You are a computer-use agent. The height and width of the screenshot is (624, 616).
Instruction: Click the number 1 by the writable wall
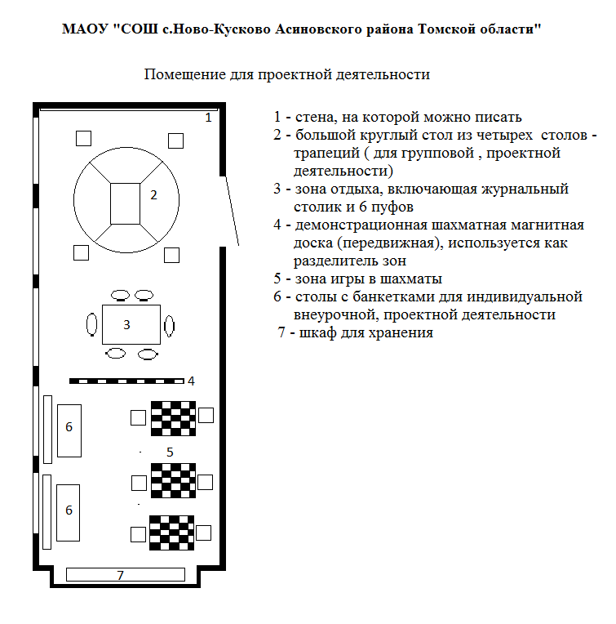208,118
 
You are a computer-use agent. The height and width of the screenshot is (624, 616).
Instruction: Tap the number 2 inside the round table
153,194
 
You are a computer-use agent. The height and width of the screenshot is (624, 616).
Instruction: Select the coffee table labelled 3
131,324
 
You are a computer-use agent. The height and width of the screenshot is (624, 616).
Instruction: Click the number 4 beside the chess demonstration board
191,381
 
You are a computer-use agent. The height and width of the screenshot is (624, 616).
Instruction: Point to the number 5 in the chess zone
170,452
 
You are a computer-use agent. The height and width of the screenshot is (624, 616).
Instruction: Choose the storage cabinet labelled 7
125,574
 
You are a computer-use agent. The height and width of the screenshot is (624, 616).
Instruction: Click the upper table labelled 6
69,430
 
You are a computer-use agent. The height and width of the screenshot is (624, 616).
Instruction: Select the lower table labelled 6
68,513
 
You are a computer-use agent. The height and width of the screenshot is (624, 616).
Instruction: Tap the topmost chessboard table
173,418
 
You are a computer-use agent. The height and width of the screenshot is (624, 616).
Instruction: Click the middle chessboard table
173,480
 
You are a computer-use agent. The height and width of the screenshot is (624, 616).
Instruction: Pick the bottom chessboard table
171,533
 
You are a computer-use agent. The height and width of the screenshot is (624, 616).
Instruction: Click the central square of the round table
125,203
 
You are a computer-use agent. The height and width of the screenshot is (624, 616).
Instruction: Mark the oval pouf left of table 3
92,324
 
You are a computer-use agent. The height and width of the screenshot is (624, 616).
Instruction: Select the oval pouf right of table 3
170,326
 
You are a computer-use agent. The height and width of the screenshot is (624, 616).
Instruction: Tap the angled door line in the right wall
233,211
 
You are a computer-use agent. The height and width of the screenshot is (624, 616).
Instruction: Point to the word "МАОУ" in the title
85,29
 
